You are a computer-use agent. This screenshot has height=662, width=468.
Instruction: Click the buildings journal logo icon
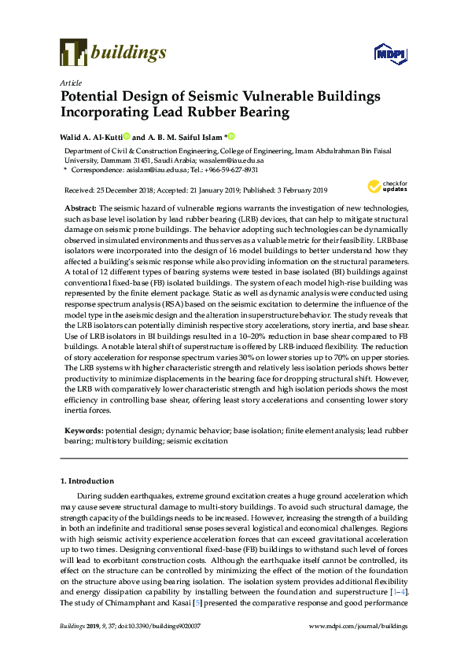72,53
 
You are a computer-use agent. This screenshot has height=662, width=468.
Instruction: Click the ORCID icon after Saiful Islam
231,136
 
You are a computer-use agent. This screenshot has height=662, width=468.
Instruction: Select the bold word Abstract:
80,205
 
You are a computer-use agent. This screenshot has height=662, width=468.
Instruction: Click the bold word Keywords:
83,432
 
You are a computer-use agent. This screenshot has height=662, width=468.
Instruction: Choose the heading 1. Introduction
87,480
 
